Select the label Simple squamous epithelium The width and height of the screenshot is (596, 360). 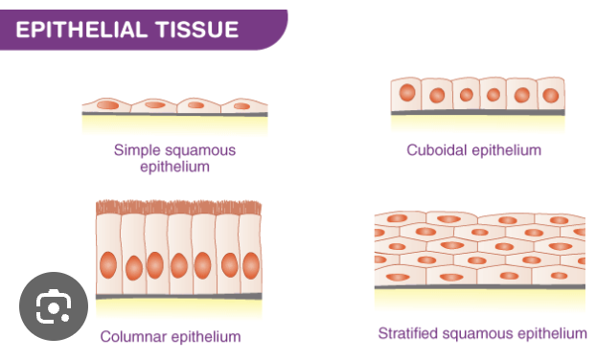tap(174, 158)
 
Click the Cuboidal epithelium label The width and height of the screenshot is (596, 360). tap(473, 150)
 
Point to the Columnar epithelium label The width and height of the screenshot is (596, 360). tap(170, 336)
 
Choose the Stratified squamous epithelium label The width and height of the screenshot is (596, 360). tap(481, 333)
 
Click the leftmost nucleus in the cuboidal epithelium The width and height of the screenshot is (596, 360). tap(408, 94)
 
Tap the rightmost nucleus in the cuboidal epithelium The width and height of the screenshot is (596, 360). tap(550, 95)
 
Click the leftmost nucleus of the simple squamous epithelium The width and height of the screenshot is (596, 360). tap(107, 104)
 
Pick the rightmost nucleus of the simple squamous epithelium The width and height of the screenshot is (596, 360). tap(242, 105)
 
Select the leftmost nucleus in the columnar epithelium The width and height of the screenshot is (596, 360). tap(109, 264)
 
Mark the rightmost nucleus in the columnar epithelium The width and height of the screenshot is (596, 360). tap(251, 264)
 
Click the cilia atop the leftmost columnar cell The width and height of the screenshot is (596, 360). tap(108, 206)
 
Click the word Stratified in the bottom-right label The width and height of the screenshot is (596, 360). tap(409, 333)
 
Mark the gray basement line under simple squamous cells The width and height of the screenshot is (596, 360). tap(174, 115)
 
